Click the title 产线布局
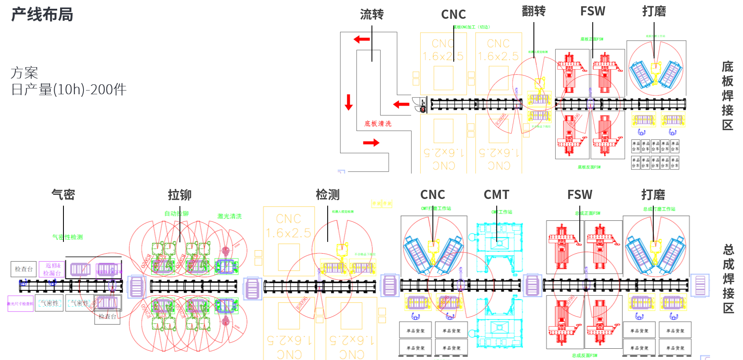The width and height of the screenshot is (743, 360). [42, 15]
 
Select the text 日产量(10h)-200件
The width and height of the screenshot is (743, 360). [68, 90]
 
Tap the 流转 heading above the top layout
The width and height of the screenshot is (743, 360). [371, 15]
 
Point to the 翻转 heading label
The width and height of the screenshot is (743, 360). [533, 11]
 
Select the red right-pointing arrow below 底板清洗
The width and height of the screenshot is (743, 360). [371, 143]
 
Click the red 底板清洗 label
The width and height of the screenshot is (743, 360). [378, 123]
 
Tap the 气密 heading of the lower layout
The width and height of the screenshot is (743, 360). [63, 194]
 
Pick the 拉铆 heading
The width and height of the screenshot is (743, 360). [179, 195]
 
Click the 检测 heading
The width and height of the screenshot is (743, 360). [328, 195]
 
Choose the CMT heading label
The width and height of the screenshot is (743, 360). [496, 195]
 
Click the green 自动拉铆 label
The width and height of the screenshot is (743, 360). [176, 214]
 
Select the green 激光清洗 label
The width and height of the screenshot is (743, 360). [229, 216]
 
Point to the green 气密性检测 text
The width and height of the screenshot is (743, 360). [67, 237]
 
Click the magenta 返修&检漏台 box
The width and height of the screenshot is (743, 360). [52, 269]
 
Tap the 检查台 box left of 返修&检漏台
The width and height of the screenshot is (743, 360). [23, 269]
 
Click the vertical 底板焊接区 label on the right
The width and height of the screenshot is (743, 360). [728, 96]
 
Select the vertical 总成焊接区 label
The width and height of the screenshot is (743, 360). [728, 279]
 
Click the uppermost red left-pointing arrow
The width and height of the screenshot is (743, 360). [361, 39]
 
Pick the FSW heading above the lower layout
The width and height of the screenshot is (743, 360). [579, 195]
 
